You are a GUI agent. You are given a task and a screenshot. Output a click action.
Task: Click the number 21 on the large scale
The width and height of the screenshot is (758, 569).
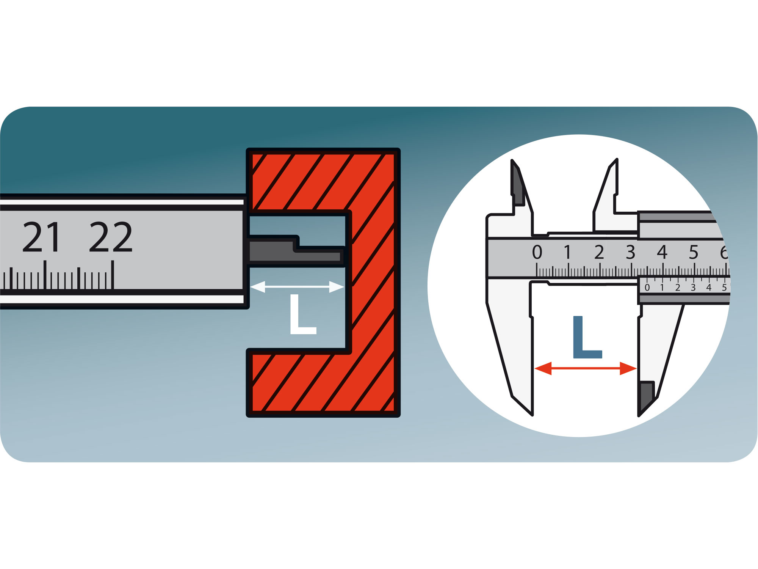click(41, 237)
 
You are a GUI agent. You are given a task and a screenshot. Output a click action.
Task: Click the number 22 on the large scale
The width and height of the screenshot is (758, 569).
click(111, 237)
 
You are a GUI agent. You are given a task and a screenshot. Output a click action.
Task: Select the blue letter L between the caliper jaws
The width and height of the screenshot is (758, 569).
click(586, 337)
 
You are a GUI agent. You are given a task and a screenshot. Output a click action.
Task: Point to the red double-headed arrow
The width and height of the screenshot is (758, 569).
click(586, 368)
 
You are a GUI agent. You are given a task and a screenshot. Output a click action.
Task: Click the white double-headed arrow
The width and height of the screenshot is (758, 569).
click(297, 287)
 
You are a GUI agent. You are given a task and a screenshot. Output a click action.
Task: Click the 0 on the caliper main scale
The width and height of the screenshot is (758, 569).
click(537, 252)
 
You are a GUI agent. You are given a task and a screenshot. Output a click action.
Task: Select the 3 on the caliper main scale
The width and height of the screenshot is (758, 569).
click(631, 252)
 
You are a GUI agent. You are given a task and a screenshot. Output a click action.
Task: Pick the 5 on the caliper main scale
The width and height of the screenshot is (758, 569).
click(694, 252)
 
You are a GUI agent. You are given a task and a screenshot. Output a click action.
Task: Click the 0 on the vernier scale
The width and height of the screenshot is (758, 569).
click(647, 288)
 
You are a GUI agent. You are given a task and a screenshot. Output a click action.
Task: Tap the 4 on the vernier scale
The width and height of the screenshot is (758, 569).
click(709, 288)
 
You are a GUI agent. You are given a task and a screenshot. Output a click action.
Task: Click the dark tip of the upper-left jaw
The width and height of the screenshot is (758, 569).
click(518, 186)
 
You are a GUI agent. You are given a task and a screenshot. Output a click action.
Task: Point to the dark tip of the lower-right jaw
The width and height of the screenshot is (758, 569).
click(646, 396)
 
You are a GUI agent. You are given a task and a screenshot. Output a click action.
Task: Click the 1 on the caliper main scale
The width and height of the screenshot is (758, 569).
click(567, 252)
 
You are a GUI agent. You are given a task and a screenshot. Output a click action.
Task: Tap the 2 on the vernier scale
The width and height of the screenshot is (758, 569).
click(678, 288)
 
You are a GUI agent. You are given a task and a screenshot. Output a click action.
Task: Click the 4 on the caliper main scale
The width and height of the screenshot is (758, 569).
click(662, 252)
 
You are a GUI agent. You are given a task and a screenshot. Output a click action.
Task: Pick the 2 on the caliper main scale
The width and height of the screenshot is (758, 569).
click(599, 252)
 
